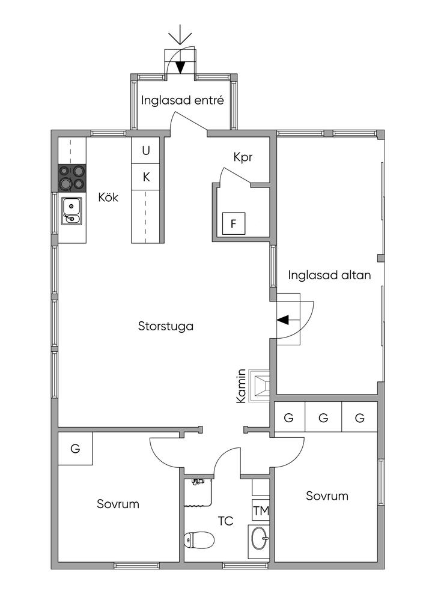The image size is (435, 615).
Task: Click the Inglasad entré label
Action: [183, 100]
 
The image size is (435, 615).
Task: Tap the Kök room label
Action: [108, 197]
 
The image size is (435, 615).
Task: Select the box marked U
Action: [146, 151]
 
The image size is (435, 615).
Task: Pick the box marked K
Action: [146, 177]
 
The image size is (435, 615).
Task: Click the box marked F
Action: [234, 224]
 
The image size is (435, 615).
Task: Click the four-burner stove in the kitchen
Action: [72, 178]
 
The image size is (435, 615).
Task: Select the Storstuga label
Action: [165, 327]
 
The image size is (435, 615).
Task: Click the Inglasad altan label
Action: [329, 276]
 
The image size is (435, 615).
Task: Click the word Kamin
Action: [241, 386]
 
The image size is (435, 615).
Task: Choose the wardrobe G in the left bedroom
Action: [75, 449]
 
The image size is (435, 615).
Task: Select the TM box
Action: [260, 510]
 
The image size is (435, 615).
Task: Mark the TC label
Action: [225, 521]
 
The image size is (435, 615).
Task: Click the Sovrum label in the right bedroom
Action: [327, 496]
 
